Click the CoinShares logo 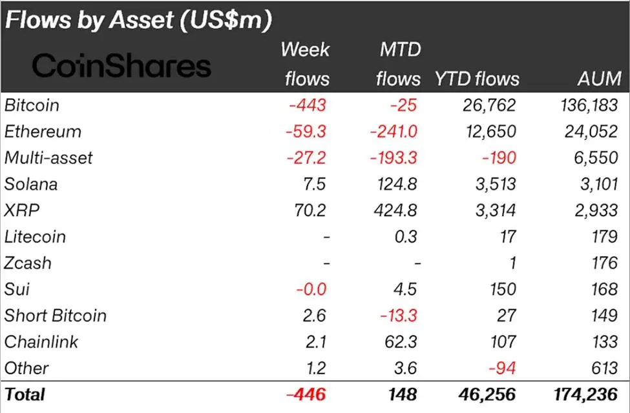[x=121, y=66]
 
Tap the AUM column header [x=600, y=79]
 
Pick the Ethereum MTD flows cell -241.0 [x=394, y=131]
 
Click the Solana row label [x=31, y=184]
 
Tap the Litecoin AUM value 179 [x=605, y=237]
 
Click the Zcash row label [x=28, y=263]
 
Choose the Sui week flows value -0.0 [x=311, y=289]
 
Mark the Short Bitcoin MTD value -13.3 [x=397, y=316]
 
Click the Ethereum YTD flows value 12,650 [x=489, y=131]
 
